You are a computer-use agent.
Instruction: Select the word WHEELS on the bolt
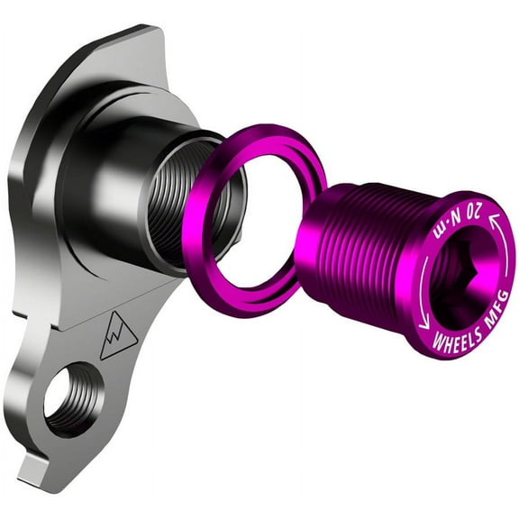coord(458,340)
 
